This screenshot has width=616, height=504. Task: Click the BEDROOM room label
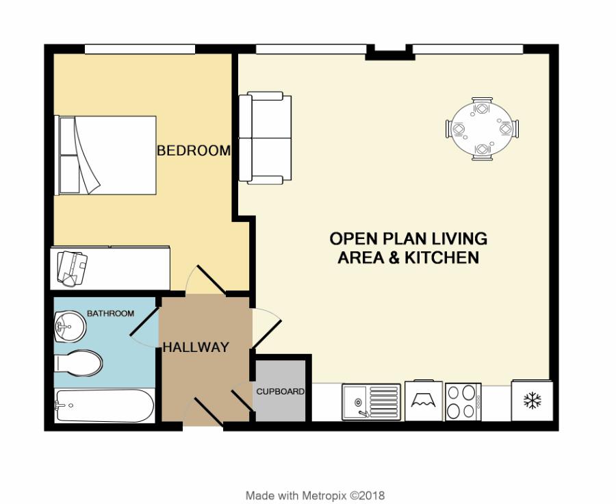pyautogui.click(x=194, y=151)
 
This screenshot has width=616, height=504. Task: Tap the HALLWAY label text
pyautogui.click(x=195, y=348)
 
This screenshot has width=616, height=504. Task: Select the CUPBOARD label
pyautogui.click(x=280, y=392)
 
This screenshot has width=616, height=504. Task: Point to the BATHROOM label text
pyautogui.click(x=110, y=314)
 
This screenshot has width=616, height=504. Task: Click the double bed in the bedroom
pyautogui.click(x=106, y=155)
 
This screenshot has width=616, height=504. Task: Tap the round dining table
pyautogui.click(x=482, y=129)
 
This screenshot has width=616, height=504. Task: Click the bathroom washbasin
pyautogui.click(x=68, y=326)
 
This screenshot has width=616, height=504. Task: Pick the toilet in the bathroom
pyautogui.click(x=78, y=363)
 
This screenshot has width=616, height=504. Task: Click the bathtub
pyautogui.click(x=104, y=406)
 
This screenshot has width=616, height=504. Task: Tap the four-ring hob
pyautogui.click(x=461, y=401)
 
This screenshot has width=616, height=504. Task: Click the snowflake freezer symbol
pyautogui.click(x=532, y=401)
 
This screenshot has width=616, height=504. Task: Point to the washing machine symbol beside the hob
pyautogui.click(x=424, y=401)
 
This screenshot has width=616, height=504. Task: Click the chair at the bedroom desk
pyautogui.click(x=72, y=267)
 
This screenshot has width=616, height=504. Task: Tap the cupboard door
pyautogui.click(x=243, y=401)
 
